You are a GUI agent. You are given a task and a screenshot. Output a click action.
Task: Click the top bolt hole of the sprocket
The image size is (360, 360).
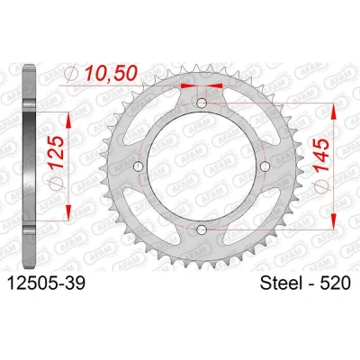click(202, 103)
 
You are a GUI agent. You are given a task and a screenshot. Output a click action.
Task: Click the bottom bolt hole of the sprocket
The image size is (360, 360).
click(202, 229)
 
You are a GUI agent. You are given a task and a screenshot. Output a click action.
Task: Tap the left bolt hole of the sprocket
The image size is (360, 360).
click(139, 166)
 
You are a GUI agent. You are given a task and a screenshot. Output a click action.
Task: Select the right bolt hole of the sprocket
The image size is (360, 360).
click(265, 166)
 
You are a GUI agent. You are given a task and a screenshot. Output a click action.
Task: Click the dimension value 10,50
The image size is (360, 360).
click(111, 74)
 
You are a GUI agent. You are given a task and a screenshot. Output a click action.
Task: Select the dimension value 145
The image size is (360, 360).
click(321, 155)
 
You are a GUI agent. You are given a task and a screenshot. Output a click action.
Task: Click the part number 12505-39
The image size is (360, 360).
click(46, 283)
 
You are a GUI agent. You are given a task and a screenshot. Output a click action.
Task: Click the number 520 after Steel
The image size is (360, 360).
click(335, 283)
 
